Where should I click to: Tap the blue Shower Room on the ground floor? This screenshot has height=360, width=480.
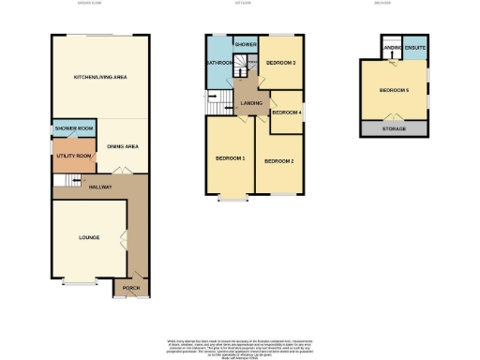coord(71,130)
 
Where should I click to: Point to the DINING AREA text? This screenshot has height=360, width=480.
coord(123,146)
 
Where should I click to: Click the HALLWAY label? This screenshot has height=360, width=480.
coord(100,187)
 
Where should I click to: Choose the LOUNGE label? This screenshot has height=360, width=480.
coord(88,238)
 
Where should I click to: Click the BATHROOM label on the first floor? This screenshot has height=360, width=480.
coord(219,63)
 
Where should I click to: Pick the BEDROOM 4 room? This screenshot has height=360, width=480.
coord(286,112)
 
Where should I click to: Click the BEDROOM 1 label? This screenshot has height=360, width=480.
coord(231,157)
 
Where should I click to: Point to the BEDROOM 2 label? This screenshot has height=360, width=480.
coord(278,161)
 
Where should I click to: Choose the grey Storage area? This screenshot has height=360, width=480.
coord(394,128)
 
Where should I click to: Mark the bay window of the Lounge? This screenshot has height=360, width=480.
coord(80,282)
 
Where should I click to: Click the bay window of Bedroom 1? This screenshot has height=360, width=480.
coord(231,199)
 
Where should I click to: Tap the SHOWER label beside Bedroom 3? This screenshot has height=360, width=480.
coord(247,44)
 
